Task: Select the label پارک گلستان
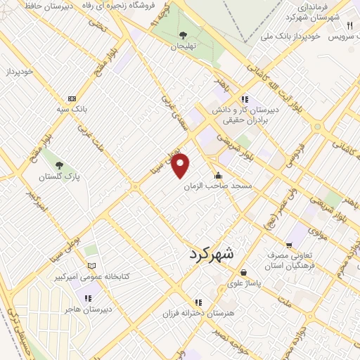click(58, 178)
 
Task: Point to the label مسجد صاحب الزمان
click(218, 187)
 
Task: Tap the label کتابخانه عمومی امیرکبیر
click(91, 277)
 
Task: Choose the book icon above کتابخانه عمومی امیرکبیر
click(91, 266)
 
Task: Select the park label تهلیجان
click(183, 46)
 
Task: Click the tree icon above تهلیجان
click(183, 34)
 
